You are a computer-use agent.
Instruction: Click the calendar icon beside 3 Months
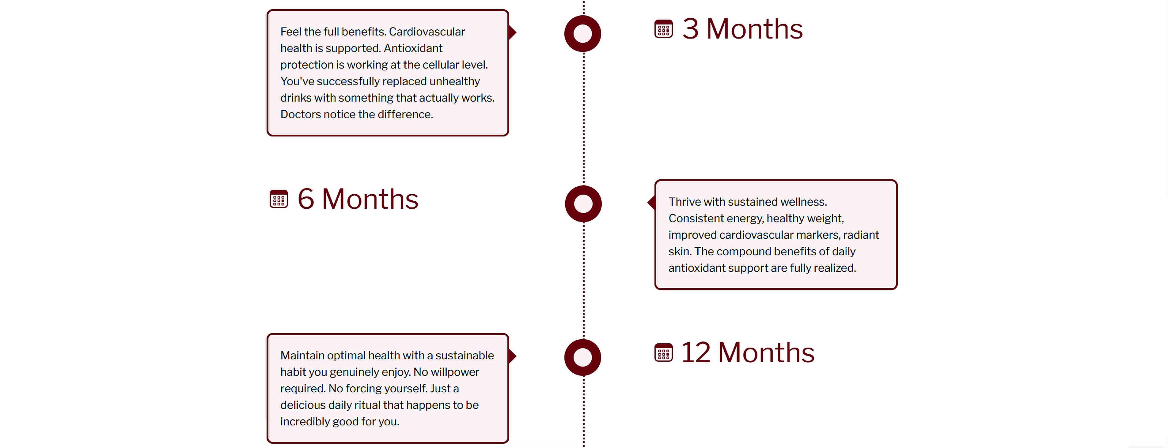tap(663, 29)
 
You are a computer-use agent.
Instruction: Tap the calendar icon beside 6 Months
tap(279, 199)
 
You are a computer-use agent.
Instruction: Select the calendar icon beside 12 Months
tap(663, 353)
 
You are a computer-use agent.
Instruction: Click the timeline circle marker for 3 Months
tap(583, 34)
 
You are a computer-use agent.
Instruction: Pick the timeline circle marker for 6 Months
tap(583, 204)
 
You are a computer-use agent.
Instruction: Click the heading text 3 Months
tap(742, 29)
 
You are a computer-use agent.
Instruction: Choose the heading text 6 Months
tap(358, 199)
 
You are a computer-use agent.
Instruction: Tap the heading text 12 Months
tap(748, 353)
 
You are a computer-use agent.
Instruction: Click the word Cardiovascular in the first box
tap(427, 32)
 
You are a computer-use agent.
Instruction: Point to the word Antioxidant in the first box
tap(413, 48)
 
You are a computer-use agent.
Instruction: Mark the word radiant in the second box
tap(861, 235)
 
